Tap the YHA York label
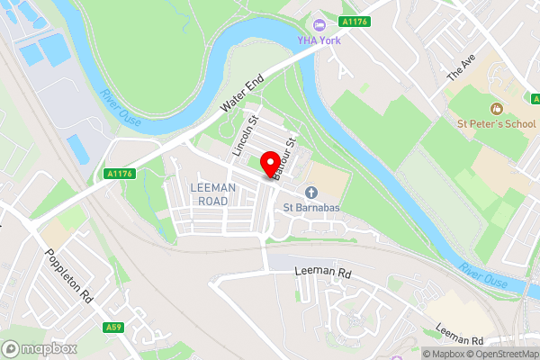pos(319,40)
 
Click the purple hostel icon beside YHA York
pos(319,23)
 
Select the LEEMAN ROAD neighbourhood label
pos(213,195)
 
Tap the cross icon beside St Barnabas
pos(310,192)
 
